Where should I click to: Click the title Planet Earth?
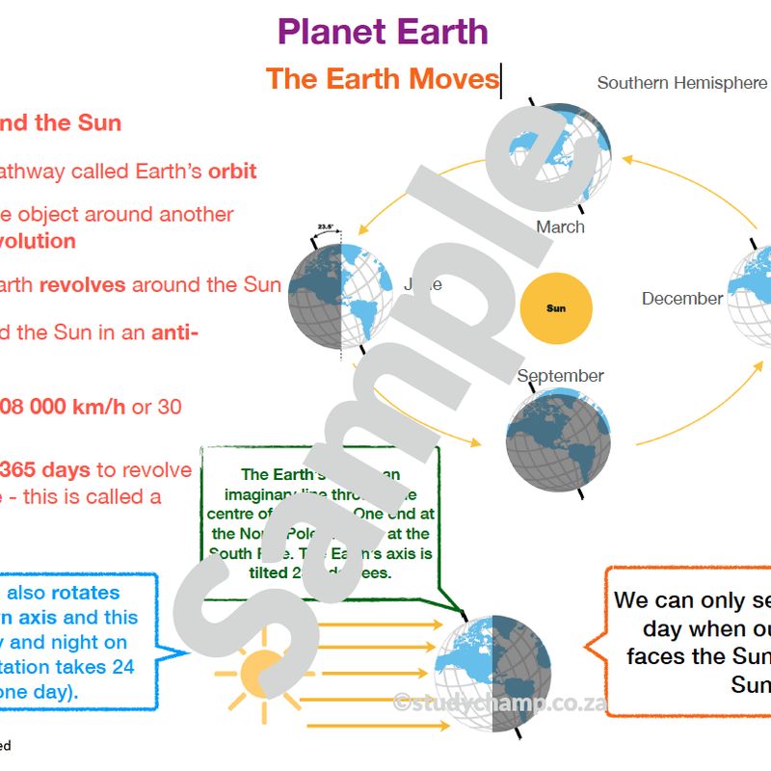(x=383, y=32)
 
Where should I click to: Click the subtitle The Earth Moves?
(x=382, y=78)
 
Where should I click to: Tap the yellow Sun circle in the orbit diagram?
(x=556, y=308)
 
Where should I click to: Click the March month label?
(x=560, y=227)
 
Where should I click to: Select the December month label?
(x=682, y=299)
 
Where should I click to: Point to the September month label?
(x=560, y=376)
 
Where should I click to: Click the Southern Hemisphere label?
(x=681, y=83)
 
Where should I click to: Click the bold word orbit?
(x=232, y=172)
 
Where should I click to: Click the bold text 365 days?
(x=45, y=470)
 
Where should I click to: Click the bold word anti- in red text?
(x=174, y=333)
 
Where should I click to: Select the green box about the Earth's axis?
(x=321, y=521)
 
